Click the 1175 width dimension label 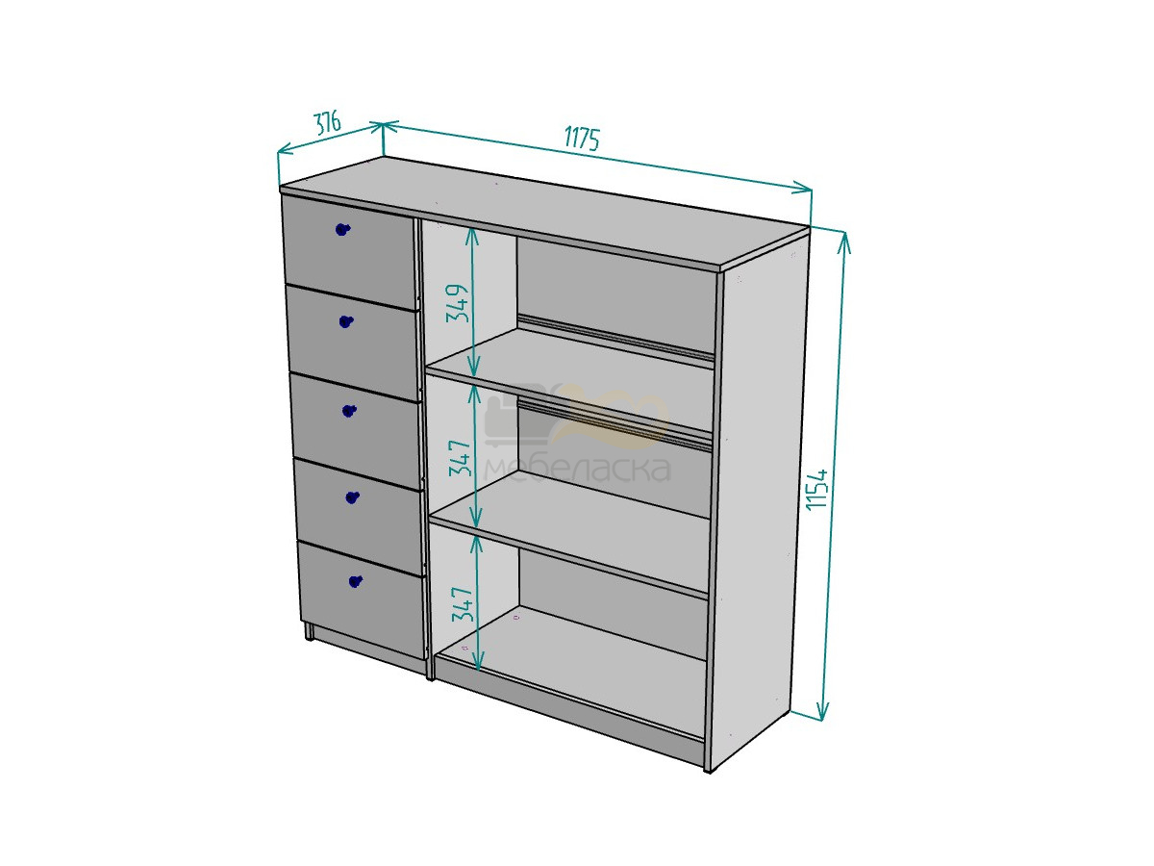pos(582,140)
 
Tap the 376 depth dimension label pos(328,123)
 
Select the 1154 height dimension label pos(818,489)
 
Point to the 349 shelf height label pos(458,303)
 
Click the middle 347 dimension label pos(459,458)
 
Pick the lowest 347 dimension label pos(463,603)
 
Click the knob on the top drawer pos(342,229)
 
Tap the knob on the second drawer pos(346,320)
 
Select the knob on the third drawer pos(349,410)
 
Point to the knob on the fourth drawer pos(352,497)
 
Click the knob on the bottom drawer pos(356,581)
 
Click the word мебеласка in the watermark pos(577,468)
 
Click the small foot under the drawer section pos(310,631)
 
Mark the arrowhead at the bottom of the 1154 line pos(821,712)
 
